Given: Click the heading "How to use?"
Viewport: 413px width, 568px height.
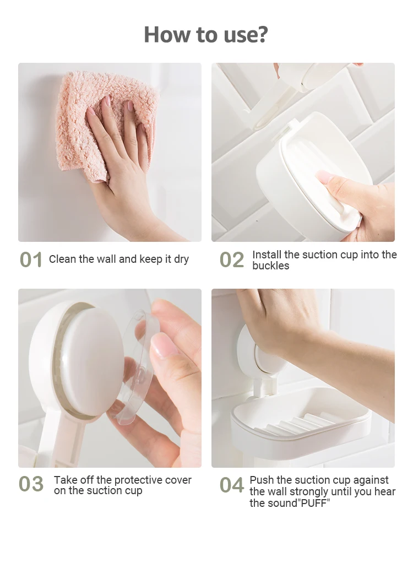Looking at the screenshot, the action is pyautogui.click(x=206, y=35).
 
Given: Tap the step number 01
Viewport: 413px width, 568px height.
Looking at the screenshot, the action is pyautogui.click(x=31, y=259).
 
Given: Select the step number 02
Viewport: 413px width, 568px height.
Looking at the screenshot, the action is pyautogui.click(x=232, y=259).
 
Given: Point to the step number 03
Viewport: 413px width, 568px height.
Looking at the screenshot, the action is pyautogui.click(x=31, y=484).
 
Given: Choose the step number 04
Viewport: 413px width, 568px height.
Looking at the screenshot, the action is pyautogui.click(x=232, y=485).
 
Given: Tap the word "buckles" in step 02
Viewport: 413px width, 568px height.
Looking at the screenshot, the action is pyautogui.click(x=271, y=266).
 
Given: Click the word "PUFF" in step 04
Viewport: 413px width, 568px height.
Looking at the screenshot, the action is pyautogui.click(x=314, y=503).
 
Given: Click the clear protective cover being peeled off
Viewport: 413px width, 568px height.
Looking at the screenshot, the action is pyautogui.click(x=138, y=366).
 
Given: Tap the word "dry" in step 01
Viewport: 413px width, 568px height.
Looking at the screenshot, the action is pyautogui.click(x=181, y=259).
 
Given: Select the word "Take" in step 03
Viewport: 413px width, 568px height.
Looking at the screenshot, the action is pyautogui.click(x=66, y=480).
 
